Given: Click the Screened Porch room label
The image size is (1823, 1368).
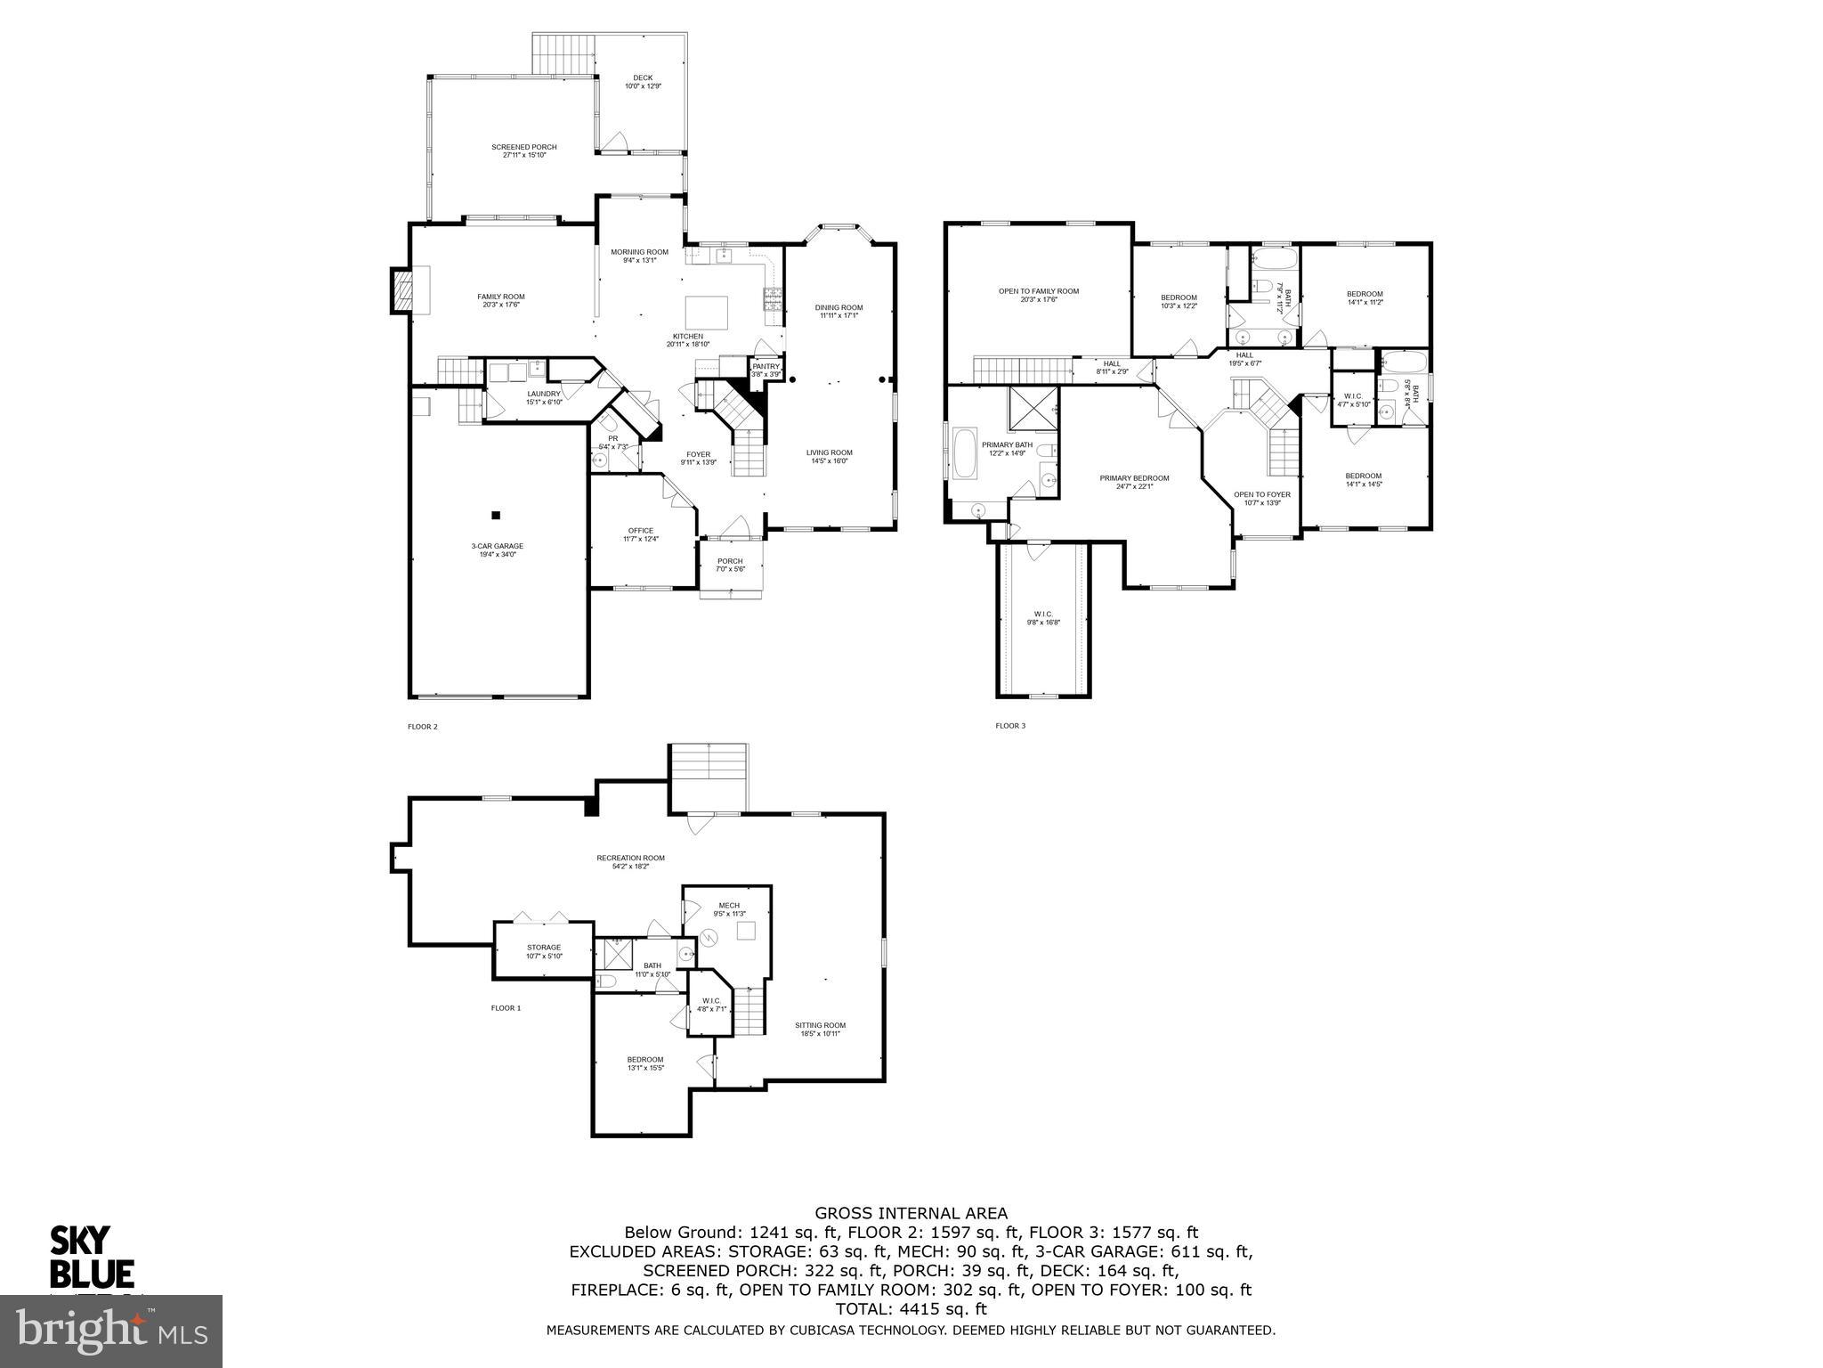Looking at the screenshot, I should pyautogui.click(x=524, y=151).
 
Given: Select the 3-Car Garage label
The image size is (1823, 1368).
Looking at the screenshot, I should pyautogui.click(x=498, y=550).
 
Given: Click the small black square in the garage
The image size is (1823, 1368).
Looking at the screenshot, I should pyautogui.click(x=497, y=515).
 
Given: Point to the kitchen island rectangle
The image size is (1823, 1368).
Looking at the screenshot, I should pyautogui.click(x=707, y=313).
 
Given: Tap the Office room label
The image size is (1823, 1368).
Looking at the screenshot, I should pyautogui.click(x=641, y=534).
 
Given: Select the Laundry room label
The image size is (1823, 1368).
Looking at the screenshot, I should pyautogui.click(x=544, y=397).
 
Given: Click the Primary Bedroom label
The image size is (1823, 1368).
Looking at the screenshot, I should pyautogui.click(x=1134, y=481).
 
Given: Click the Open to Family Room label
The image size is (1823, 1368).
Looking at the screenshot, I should pyautogui.click(x=1038, y=295).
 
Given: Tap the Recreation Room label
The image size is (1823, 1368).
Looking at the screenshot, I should pyautogui.click(x=630, y=861).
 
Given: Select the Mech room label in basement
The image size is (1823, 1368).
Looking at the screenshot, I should pyautogui.click(x=729, y=909).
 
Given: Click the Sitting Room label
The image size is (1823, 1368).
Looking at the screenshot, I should pyautogui.click(x=820, y=1029).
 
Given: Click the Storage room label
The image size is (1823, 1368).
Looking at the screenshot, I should pyautogui.click(x=543, y=951).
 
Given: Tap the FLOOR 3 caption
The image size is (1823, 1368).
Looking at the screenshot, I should pyautogui.click(x=1010, y=726).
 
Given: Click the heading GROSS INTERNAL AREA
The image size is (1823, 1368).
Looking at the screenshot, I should pyautogui.click(x=911, y=1212).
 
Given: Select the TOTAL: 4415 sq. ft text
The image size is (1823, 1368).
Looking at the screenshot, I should pyautogui.click(x=911, y=1309).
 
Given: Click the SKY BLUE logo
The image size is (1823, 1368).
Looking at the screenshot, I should pyautogui.click(x=92, y=1257).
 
